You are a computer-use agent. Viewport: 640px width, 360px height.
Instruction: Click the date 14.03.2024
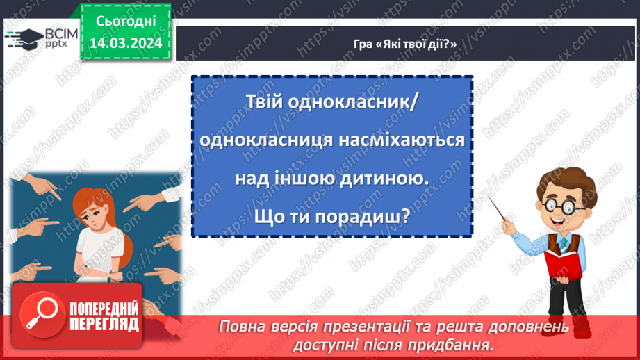coord(125,42)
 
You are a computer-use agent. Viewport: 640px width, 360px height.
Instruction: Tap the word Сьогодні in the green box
coord(125,21)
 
